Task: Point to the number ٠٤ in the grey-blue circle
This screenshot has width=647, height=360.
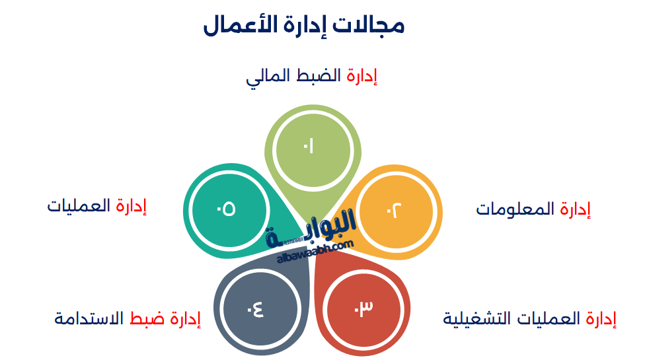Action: [x=256, y=308]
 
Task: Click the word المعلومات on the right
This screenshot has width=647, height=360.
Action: [x=516, y=209]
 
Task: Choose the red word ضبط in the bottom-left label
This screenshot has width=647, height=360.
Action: [x=146, y=319]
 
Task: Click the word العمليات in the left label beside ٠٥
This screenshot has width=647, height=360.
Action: [x=78, y=205]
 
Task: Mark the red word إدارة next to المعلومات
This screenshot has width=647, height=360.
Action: [x=575, y=209]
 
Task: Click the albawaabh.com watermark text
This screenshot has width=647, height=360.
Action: [x=316, y=250]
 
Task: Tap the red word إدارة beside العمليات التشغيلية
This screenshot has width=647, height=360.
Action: [x=601, y=319]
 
